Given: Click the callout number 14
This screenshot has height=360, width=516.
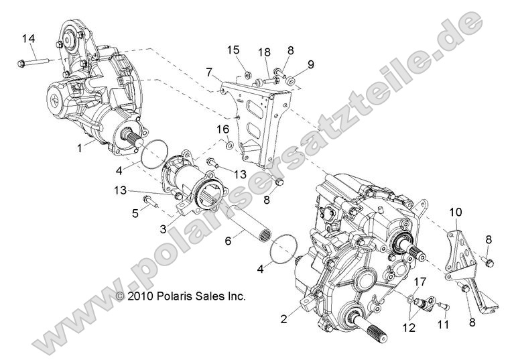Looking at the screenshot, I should point(28,38).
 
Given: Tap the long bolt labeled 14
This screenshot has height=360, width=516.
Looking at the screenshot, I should point(34,64).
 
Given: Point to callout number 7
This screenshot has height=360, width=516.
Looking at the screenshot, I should point(210,71).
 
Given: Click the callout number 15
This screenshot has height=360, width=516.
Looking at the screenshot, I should point(233,50).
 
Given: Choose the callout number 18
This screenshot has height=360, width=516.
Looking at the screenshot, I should point(264,52).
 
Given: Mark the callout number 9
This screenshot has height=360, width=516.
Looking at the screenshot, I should point(310,64).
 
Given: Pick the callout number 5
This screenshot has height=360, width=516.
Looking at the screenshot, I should point(135,214).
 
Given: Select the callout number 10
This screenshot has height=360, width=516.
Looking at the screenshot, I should point(456,213).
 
